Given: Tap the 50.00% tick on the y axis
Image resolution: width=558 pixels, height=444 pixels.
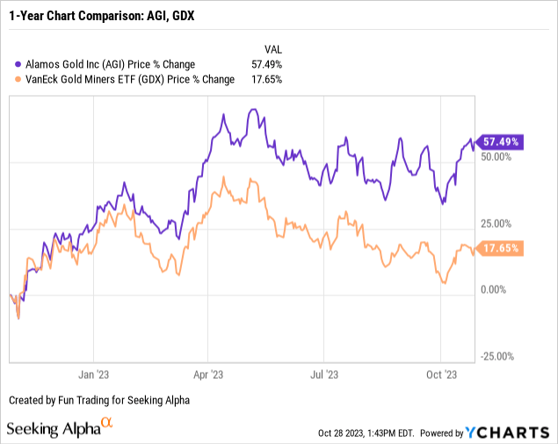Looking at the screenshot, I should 496,156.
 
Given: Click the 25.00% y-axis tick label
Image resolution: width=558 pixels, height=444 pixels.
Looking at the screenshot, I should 496,223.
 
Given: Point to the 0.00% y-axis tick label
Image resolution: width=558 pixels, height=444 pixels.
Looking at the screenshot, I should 494,289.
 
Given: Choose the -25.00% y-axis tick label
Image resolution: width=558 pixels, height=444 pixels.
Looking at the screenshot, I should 495,356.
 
